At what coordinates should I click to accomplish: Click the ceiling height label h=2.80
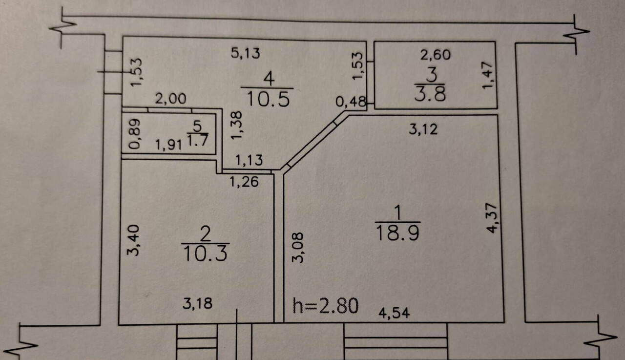326,306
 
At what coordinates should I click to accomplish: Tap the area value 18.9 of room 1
398,233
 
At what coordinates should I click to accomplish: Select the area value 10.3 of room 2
205,254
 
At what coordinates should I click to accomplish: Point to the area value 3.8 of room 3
430,93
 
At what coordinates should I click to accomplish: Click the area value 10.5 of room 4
269,99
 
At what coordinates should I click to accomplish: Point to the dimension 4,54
394,313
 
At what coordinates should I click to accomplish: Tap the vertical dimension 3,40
135,240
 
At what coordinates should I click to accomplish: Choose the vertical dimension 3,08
298,248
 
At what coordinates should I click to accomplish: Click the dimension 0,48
351,103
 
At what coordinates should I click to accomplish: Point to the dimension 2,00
170,99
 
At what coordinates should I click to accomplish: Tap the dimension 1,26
244,182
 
